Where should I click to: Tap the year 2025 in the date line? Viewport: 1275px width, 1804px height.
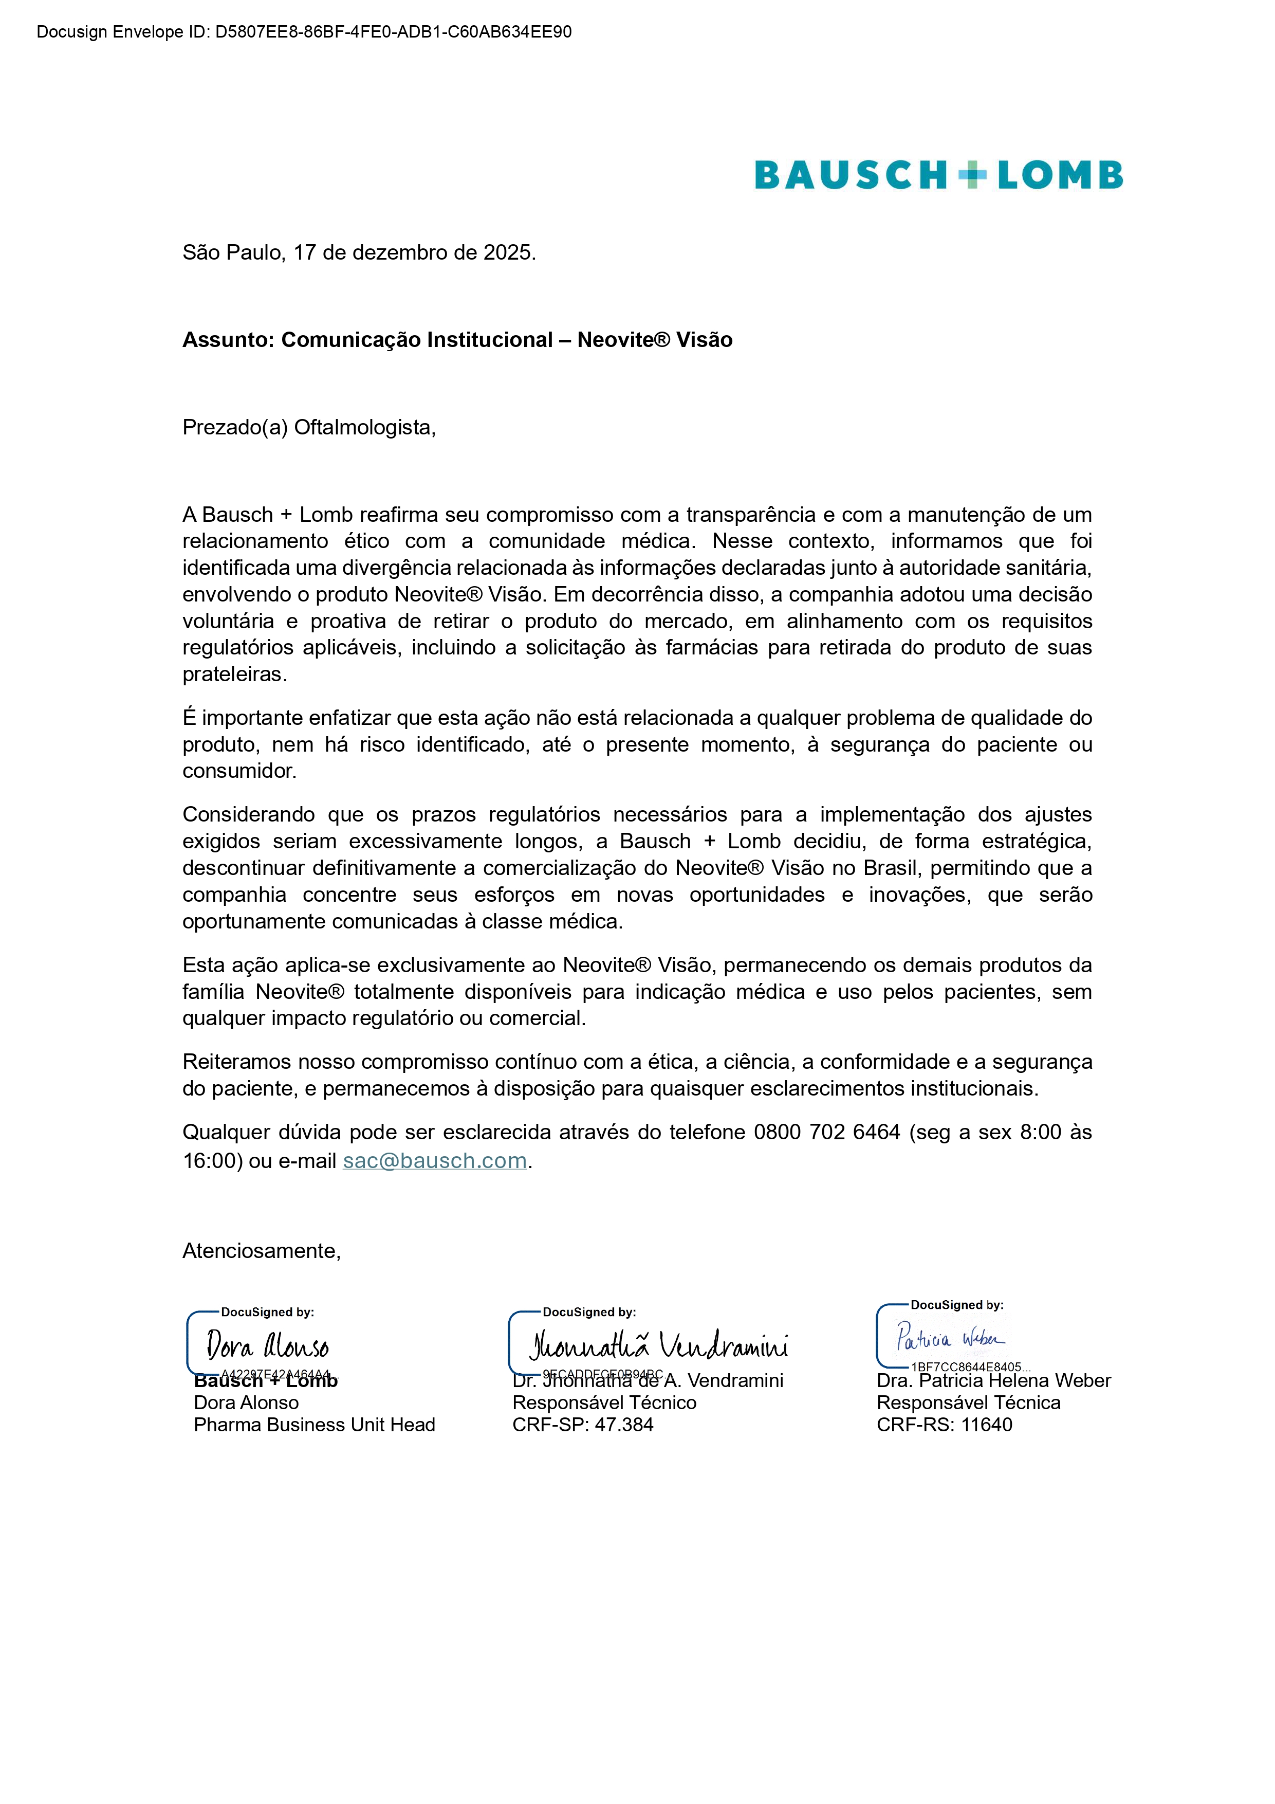point(508,253)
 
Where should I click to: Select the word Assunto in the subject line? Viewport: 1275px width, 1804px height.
point(228,340)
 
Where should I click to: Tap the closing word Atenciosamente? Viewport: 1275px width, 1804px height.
point(261,1251)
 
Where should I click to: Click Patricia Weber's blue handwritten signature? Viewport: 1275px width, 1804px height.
point(950,1337)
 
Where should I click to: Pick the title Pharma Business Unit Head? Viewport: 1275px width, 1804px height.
point(314,1425)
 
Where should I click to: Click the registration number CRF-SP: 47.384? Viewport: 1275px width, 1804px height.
point(582,1425)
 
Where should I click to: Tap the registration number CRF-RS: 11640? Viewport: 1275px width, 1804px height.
point(944,1425)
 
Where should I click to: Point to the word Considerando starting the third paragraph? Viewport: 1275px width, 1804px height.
point(249,815)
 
